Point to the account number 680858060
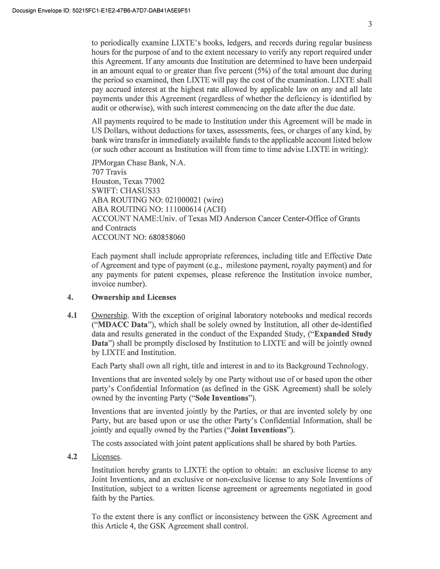click(164, 237)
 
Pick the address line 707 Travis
click(109, 172)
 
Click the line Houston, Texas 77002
click(128, 181)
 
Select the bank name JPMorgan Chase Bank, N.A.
click(138, 163)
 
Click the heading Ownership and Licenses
click(133, 297)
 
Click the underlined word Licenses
click(106, 457)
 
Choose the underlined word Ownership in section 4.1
click(110, 316)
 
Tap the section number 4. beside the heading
click(70, 297)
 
